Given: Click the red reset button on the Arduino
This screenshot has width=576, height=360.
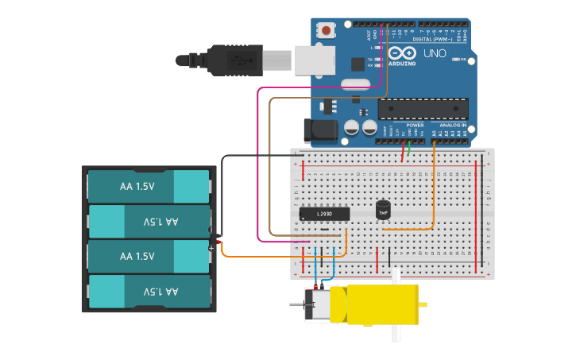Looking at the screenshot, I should click(326, 31).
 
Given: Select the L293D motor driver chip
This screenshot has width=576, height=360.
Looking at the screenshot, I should click(324, 213).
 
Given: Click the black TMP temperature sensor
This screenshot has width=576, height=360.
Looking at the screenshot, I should click(383, 210).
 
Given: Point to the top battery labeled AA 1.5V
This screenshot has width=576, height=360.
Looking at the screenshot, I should click(149, 186).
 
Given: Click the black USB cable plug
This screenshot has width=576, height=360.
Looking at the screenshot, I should click(230, 60).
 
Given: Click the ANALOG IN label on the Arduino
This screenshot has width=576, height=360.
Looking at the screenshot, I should click(453, 125).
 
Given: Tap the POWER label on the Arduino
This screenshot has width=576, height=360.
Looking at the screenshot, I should click(415, 125).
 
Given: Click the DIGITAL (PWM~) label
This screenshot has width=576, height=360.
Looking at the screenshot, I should click(433, 38).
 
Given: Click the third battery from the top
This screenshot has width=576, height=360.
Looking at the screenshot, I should click(149, 256).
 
